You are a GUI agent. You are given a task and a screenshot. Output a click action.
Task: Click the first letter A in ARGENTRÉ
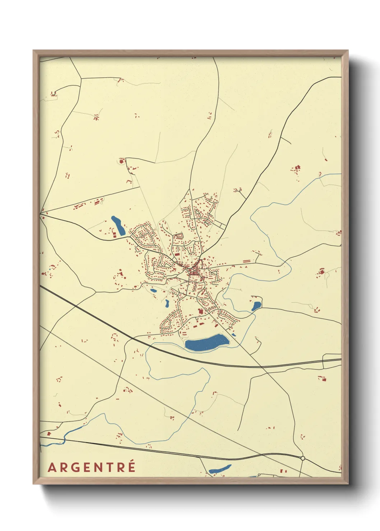pos(52,467)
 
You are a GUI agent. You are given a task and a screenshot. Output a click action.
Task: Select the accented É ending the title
pos(132,466)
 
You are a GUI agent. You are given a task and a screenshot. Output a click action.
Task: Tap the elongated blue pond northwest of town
pos(118,225)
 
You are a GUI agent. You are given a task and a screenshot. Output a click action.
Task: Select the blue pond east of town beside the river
pos(256,306)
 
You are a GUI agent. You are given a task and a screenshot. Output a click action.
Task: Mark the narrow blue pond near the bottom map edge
pos(220,469)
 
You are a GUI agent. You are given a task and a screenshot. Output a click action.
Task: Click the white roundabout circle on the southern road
pos(303,458)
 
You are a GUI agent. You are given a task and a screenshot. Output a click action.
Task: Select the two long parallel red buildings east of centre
pos(246,261)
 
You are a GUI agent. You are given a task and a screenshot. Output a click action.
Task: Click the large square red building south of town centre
pos(201,311)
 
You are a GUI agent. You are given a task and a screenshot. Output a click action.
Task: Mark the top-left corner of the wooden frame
pos(34,51)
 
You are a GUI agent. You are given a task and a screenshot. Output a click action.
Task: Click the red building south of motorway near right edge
pos(322,378)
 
